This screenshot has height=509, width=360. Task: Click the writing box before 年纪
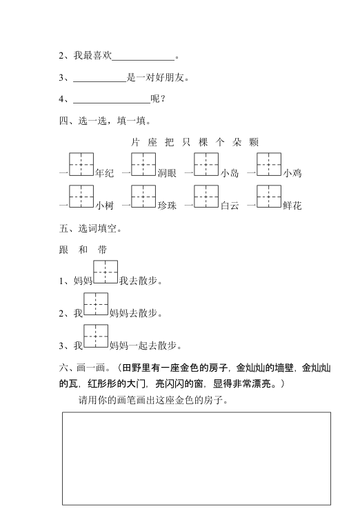tap(81, 165)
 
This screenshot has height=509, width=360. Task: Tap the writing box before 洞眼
tap(143, 165)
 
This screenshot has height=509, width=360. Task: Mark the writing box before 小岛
tap(206, 165)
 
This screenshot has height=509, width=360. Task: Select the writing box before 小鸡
tap(269, 165)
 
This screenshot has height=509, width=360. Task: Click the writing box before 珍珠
tap(143, 197)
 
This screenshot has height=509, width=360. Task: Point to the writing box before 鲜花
tap(269, 197)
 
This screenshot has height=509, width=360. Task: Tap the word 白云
tap(230, 206)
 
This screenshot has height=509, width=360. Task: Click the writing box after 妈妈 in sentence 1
tap(106, 272)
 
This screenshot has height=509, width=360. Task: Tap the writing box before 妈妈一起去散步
tap(96, 336)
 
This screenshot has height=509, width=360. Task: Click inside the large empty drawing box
tap(196, 459)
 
